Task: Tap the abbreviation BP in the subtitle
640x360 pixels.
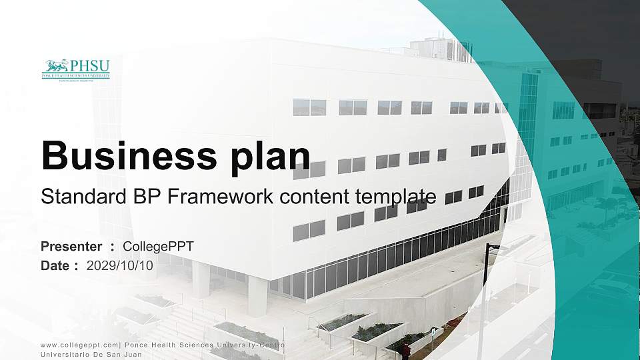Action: point(129,197)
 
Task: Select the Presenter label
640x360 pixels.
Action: point(71,247)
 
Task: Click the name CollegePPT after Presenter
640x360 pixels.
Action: point(159,247)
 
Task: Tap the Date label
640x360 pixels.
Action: point(55,265)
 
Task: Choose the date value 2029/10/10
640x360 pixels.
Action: point(120,265)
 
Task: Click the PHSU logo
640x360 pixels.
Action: point(76,69)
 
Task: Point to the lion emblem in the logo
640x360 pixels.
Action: point(55,66)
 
